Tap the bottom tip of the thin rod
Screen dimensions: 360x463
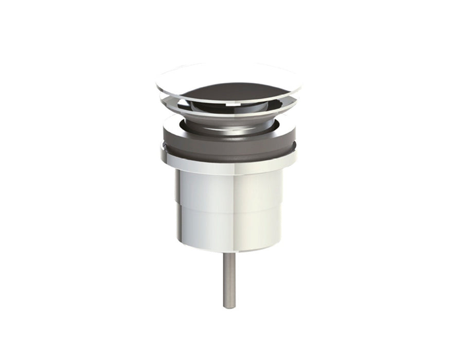pyautogui.click(x=229, y=307)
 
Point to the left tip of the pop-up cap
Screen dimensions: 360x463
pyautogui.click(x=156, y=82)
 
